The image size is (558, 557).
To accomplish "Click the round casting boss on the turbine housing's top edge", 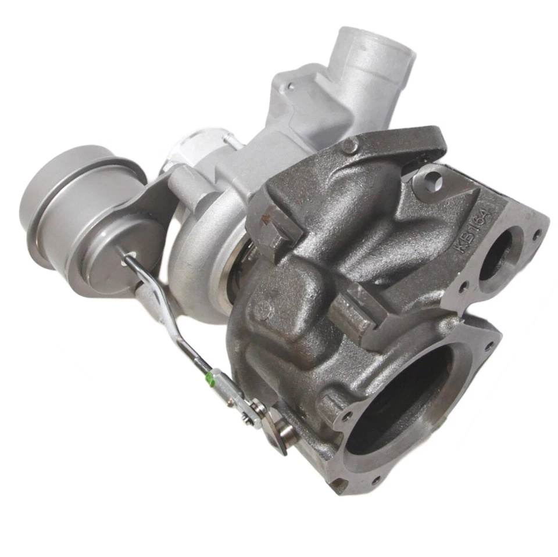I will click(x=349, y=145).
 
